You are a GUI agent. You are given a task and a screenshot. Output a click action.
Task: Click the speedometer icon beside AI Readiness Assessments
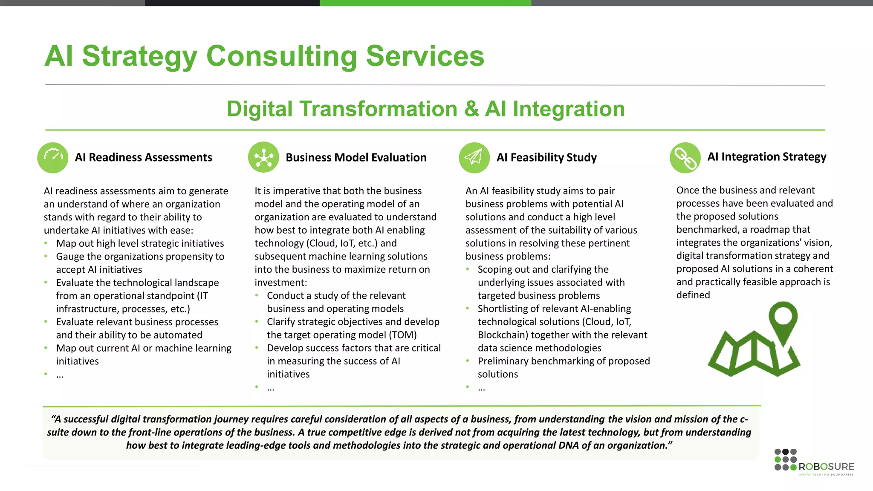(53, 157)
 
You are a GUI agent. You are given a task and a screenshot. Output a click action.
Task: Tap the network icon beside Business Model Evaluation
(263, 157)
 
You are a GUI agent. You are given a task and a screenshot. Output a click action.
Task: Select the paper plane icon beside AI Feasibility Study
(474, 157)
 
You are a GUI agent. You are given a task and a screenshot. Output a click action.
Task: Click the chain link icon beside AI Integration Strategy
(685, 157)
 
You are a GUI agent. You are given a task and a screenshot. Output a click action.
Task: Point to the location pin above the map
(783, 320)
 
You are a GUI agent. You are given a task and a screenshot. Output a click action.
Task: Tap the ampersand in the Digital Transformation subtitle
(471, 109)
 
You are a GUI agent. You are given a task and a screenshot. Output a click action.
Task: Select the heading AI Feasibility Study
(546, 158)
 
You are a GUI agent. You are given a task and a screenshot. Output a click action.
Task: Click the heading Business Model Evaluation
(356, 158)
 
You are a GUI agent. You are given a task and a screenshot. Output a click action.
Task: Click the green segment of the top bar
(425, 3)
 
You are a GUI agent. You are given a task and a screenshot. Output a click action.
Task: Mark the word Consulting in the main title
(282, 56)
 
